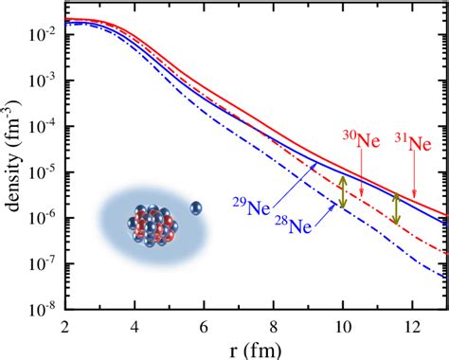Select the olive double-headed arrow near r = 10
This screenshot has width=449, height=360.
343,192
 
